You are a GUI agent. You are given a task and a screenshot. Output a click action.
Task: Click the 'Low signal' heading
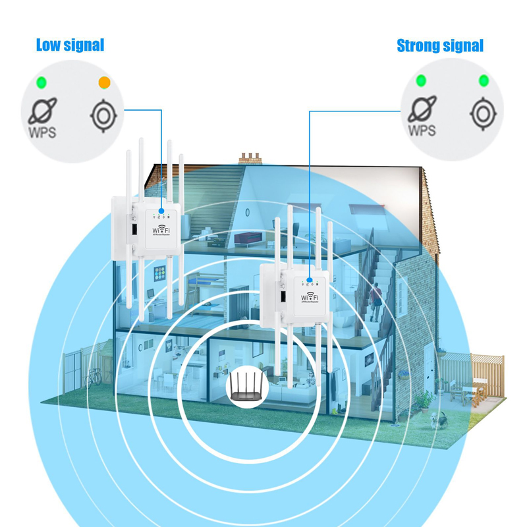70,45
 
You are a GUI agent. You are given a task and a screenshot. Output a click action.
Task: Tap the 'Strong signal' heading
440,45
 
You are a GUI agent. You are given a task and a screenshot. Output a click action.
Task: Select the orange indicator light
103,82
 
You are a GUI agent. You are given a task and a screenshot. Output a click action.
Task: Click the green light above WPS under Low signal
41,82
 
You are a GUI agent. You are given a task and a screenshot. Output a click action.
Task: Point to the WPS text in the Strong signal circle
422,130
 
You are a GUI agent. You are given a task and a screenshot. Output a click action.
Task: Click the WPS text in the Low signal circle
42,130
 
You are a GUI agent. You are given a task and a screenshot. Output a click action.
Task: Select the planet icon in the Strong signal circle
422,107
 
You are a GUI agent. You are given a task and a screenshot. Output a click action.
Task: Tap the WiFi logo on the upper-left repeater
161,231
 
